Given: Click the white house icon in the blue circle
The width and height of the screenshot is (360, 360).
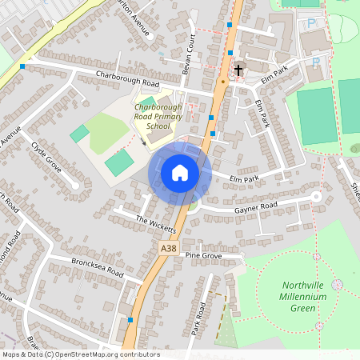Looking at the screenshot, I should click(180, 172).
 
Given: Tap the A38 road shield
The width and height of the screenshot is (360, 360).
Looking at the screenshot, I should click(168, 250).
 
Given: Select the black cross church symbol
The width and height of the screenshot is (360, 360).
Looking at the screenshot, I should click(238, 70).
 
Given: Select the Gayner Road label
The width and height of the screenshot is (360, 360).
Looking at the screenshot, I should click(255, 206).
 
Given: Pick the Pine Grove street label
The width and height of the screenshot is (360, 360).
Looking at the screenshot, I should click(202, 255).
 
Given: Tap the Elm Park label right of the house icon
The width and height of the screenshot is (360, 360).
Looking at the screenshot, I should click(245, 179).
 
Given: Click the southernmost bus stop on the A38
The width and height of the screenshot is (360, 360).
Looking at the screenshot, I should click(130, 320).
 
